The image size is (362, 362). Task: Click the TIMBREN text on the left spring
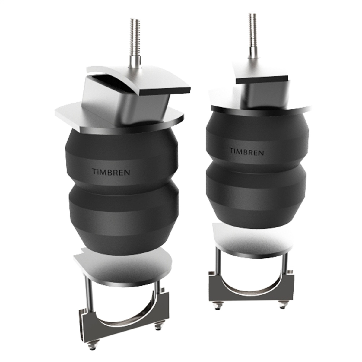coord(111,172)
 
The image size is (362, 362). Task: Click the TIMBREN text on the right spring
coord(246,151)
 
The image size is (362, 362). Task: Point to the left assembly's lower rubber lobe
coord(124,217)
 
